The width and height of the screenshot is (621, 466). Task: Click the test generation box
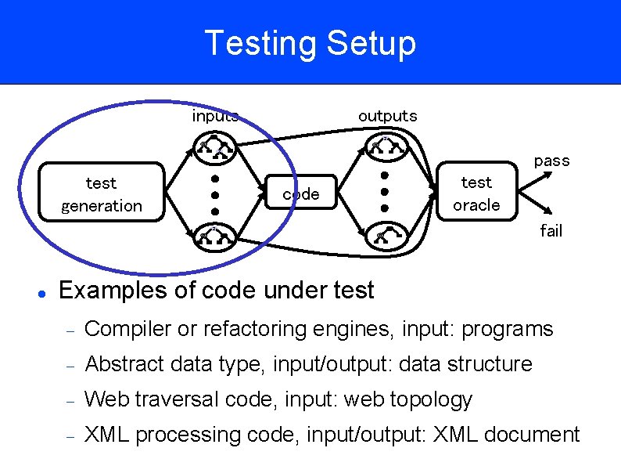tap(102, 194)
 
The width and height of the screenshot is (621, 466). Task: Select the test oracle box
tap(476, 193)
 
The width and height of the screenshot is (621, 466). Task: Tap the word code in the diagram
tap(301, 194)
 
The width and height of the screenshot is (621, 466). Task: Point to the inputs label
tap(214, 117)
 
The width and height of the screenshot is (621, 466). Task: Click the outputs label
tap(387, 116)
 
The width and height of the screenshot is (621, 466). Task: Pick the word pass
tap(551, 161)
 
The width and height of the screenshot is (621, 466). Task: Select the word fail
tap(551, 231)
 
